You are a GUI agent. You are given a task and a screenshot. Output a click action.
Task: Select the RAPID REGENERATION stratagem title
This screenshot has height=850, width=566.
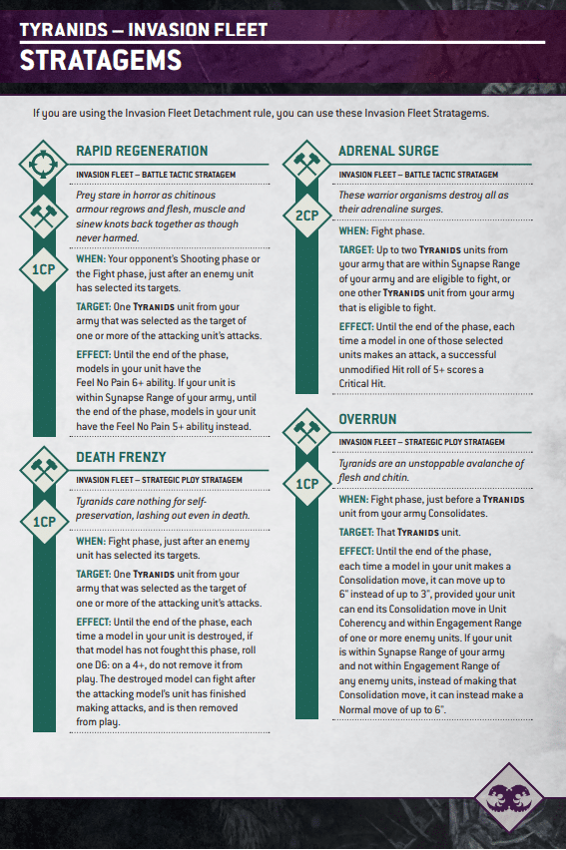(142, 151)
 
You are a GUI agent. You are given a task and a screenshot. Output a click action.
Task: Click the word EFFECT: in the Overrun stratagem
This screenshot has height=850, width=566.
(357, 551)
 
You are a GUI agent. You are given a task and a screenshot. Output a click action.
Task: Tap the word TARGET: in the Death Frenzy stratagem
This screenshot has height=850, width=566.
(96, 574)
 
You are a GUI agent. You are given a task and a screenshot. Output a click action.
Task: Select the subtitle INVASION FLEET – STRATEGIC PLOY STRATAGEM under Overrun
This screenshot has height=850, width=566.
(421, 441)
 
